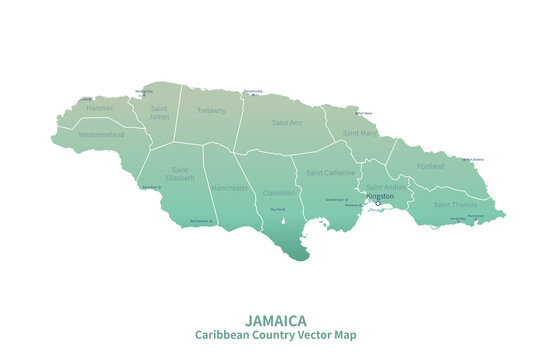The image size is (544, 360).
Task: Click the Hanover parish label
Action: pos(100,107)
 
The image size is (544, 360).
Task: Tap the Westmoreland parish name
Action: pos(101,133)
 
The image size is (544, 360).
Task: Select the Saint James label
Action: pos(159,112)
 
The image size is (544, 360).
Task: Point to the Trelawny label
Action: pos(212,110)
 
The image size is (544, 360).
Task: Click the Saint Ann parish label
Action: pos(287,123)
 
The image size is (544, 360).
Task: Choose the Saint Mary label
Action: pos(359,133)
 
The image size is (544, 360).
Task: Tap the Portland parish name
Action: pos(431,166)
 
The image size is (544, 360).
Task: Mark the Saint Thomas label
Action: pos(455,204)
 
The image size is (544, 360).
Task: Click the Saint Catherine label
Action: pos(330,172)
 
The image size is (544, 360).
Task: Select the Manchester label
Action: pos(230,187)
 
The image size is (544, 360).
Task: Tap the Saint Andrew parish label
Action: pos(388,186)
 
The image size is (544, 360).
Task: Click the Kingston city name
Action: pos(380,196)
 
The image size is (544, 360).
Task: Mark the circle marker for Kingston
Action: pos(378,204)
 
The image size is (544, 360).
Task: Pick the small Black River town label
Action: pos(151,187)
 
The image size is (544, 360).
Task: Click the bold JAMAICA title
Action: pos(276,321)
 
